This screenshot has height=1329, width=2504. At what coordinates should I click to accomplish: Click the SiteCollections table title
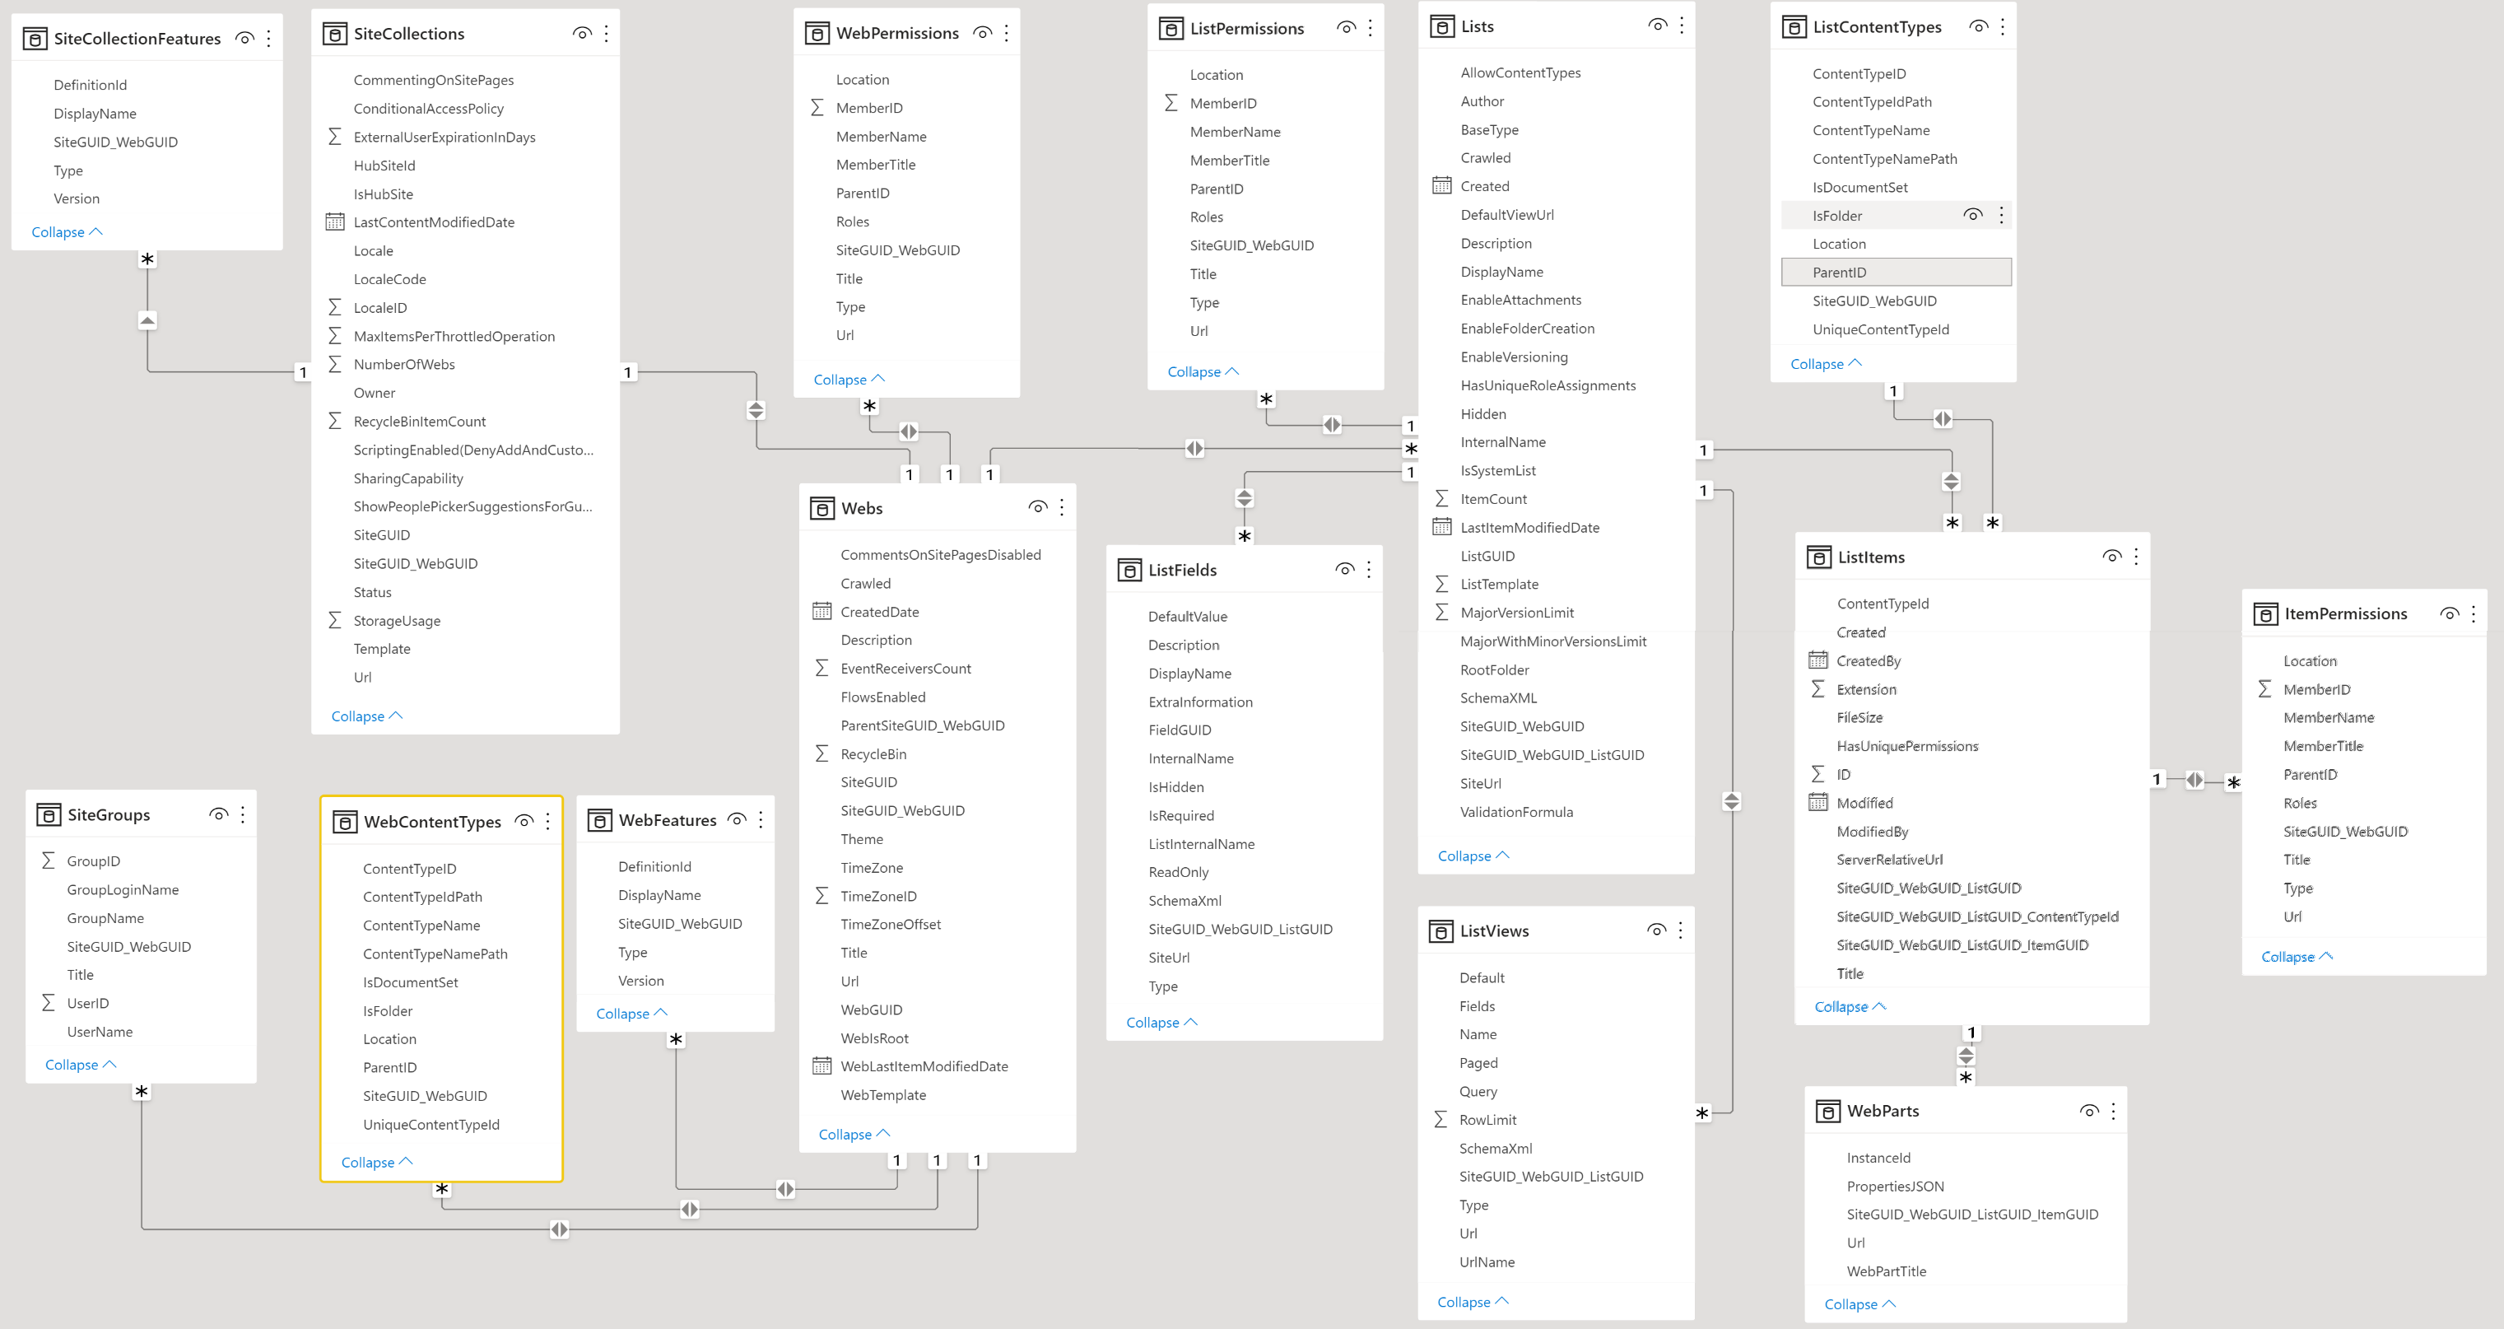(408, 34)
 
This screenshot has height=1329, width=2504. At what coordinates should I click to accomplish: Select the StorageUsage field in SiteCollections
(397, 620)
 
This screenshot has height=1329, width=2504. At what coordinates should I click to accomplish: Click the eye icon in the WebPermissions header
(983, 33)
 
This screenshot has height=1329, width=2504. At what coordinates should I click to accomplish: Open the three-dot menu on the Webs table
(1062, 507)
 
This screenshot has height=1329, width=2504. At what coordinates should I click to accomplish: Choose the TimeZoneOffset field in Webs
(891, 925)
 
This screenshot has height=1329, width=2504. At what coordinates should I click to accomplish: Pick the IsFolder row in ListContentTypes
(1837, 216)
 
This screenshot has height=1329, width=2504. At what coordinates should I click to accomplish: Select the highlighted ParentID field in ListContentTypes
(1839, 273)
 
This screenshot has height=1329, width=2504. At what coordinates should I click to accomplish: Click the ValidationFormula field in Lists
(1516, 812)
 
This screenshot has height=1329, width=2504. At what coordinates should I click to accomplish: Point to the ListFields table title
(1182, 570)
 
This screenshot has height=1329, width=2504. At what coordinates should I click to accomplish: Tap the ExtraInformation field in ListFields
(1200, 702)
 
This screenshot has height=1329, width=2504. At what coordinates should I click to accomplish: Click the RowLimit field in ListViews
(1487, 1120)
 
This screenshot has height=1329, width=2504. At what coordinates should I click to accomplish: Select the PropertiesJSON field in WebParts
(1896, 1186)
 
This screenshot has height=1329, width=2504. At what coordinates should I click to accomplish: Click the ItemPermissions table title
(2346, 613)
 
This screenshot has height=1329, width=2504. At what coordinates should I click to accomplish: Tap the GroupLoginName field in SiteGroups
(123, 889)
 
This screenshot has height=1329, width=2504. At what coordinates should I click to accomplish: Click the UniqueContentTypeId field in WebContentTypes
(431, 1125)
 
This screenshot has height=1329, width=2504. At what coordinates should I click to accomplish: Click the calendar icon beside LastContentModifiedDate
(334, 222)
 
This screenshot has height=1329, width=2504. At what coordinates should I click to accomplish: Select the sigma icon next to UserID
(48, 1002)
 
